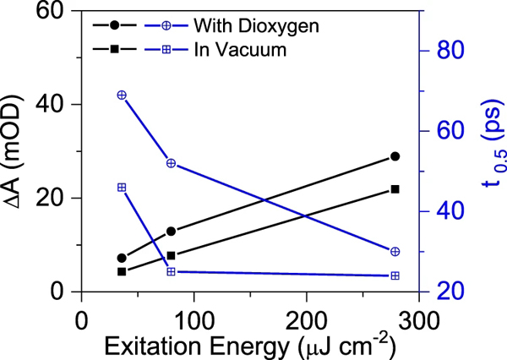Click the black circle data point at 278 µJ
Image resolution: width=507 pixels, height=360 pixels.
pos(395,156)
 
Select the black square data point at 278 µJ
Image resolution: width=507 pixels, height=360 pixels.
pos(395,189)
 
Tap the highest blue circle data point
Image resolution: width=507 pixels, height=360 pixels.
pos(122,95)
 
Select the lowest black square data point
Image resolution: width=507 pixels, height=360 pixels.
pos(122,271)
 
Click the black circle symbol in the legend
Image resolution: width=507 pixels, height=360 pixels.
pos(113,25)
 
